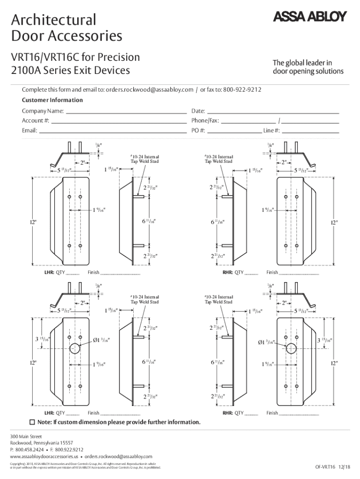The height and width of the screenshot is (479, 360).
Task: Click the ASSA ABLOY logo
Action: click(x=309, y=17)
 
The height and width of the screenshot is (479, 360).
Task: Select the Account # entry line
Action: click(x=119, y=122)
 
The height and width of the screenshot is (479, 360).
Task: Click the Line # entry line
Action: click(x=310, y=131)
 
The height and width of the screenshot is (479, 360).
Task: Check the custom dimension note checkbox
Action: click(x=32, y=422)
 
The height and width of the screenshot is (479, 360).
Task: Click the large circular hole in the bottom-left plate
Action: click(x=75, y=348)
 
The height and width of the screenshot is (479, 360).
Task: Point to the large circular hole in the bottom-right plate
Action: click(x=292, y=348)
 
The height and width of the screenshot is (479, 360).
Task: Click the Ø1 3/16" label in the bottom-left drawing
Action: click(x=101, y=340)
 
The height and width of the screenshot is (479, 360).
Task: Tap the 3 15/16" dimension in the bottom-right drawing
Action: click(x=324, y=340)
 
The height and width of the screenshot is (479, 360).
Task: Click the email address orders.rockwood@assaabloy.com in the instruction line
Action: click(x=149, y=89)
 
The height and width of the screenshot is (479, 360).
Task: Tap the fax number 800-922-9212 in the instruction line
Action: click(x=242, y=89)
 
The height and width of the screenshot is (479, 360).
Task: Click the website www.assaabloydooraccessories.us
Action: click(x=43, y=456)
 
